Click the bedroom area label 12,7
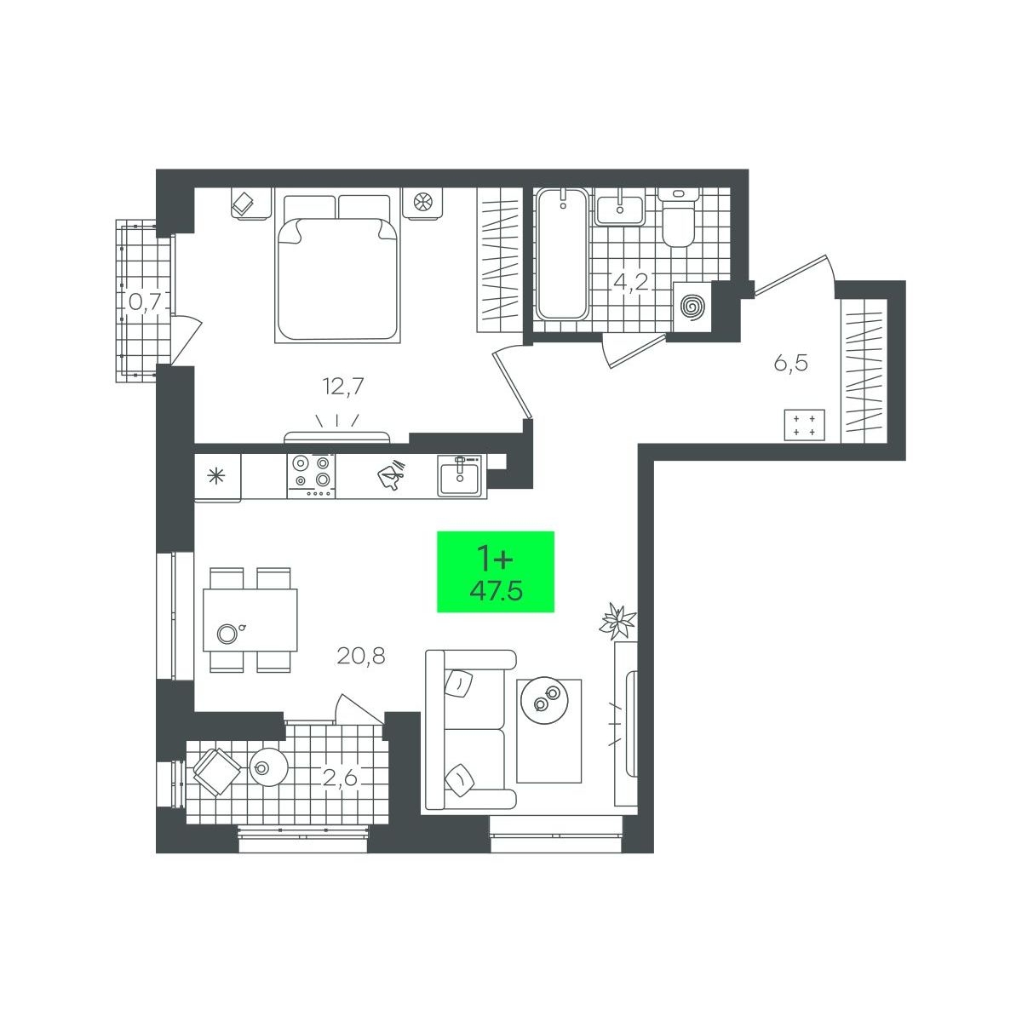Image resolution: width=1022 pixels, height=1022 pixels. click(x=343, y=386)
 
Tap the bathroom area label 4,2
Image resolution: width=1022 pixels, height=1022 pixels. click(x=630, y=281)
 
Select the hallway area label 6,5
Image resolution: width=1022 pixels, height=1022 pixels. click(x=790, y=364)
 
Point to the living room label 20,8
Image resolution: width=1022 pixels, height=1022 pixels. click(x=360, y=657)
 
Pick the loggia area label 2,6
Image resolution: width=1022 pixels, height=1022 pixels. click(x=341, y=778)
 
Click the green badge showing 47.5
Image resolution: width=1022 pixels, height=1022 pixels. click(x=496, y=571)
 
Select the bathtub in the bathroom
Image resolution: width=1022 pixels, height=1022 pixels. click(x=561, y=254)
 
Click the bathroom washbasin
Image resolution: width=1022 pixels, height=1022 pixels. click(x=620, y=207)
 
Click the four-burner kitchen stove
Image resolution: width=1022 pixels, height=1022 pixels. click(x=311, y=476)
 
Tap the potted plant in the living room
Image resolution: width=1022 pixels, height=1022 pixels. click(x=617, y=621)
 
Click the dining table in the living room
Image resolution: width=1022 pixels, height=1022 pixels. click(x=250, y=620)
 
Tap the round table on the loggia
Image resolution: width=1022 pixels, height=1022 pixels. click(x=268, y=766)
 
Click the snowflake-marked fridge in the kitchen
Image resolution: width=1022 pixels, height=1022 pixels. click(x=217, y=477)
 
